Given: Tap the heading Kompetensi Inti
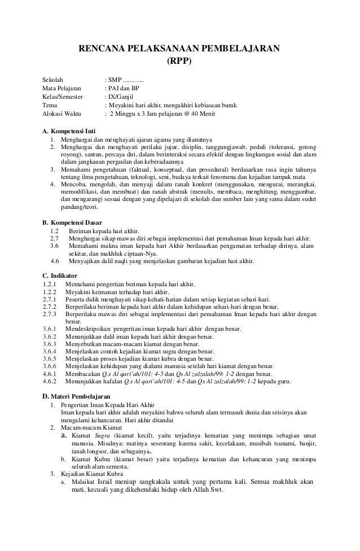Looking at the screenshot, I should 69,132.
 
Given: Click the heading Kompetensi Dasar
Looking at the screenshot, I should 71,222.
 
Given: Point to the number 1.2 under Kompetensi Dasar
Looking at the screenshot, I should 55,231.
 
